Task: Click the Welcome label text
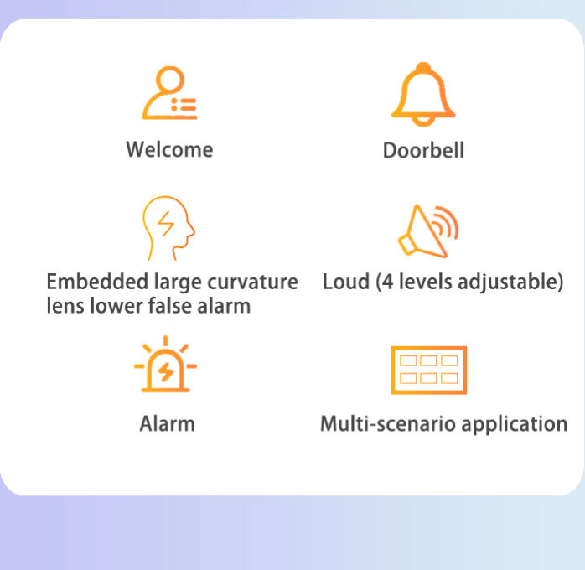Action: pyautogui.click(x=170, y=149)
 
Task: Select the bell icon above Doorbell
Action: pyautogui.click(x=423, y=94)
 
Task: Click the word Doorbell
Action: pyautogui.click(x=423, y=150)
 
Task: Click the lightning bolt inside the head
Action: pyautogui.click(x=166, y=224)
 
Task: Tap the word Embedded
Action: pyautogui.click(x=97, y=282)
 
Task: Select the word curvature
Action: pyautogui.click(x=252, y=282)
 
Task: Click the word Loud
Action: pyautogui.click(x=346, y=282)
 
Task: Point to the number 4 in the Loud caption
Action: pyautogui.click(x=388, y=282)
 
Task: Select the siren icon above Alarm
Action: pyautogui.click(x=165, y=364)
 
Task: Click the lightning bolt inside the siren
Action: pyautogui.click(x=166, y=371)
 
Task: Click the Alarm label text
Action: pyautogui.click(x=167, y=424)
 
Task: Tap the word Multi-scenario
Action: pyautogui.click(x=389, y=424)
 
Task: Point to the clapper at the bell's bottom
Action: pyautogui.click(x=423, y=122)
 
